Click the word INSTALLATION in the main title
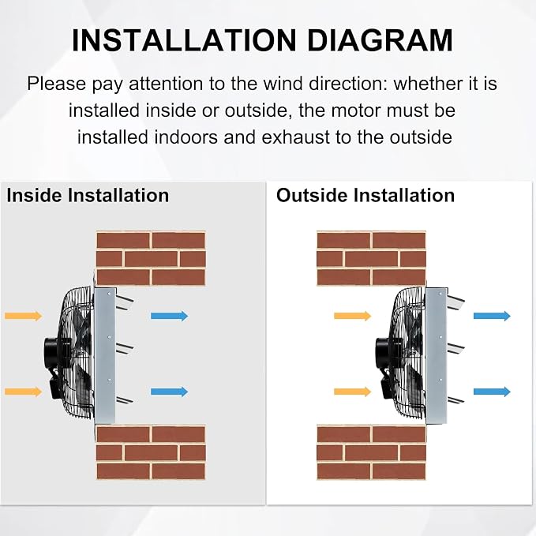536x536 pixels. (184, 40)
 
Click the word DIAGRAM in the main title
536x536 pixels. (380, 40)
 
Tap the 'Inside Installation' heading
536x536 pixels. (88, 196)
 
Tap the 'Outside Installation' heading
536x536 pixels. (365, 196)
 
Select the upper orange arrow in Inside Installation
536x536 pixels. (23, 316)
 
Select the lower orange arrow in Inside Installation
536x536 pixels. (23, 392)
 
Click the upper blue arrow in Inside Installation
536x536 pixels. (169, 316)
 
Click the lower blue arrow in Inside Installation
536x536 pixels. (169, 392)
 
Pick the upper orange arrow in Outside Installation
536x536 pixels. (352, 316)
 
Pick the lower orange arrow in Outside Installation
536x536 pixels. (352, 392)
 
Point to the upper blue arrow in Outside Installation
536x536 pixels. (492, 316)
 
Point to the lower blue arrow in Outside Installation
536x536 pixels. (492, 392)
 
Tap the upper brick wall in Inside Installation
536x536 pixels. (151, 259)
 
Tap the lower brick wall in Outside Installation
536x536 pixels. (371, 452)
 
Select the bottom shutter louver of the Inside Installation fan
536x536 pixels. (125, 399)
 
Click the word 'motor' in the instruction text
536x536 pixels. (354, 111)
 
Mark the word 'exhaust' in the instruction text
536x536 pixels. (296, 137)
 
